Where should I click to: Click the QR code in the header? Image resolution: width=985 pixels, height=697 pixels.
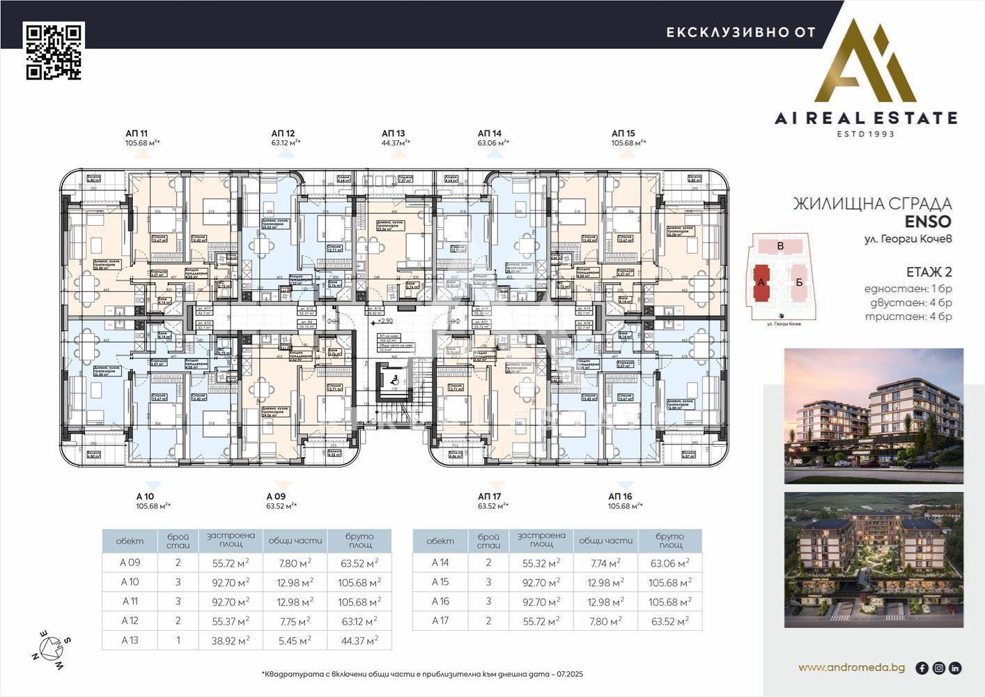(54, 51)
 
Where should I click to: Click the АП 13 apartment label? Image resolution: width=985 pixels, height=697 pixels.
(393, 133)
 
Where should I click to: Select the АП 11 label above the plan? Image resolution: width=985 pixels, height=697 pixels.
(137, 133)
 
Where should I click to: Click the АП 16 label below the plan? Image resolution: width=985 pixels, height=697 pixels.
(620, 496)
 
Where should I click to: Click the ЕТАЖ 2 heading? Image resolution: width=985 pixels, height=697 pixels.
(929, 272)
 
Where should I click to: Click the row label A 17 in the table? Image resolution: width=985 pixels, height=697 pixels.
(440, 621)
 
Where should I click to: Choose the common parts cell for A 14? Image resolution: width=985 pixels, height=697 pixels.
(606, 563)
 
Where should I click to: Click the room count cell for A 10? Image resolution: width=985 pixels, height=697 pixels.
(178, 582)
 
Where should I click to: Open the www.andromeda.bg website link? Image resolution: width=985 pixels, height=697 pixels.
(851, 668)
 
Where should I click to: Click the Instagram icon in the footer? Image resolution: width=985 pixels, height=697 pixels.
(938, 668)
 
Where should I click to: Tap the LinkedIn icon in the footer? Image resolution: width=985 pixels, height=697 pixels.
(955, 668)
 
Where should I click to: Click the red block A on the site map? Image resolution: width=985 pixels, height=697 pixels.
(761, 281)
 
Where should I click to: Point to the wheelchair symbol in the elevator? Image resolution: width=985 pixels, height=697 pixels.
(392, 378)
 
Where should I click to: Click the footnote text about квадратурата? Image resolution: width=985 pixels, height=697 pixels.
(422, 674)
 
